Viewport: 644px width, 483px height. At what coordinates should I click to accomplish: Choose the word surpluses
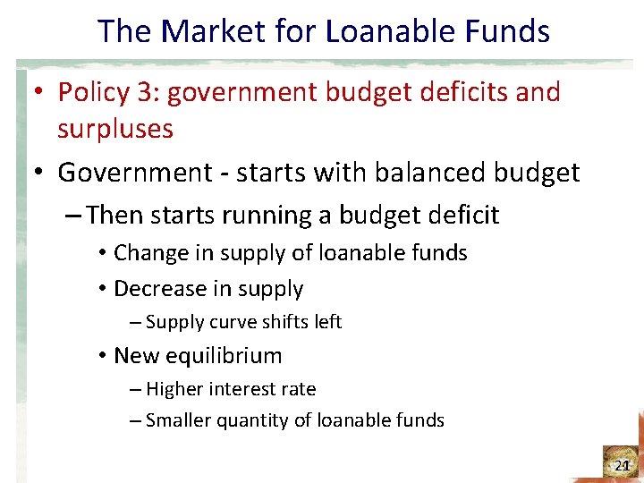(x=115, y=129)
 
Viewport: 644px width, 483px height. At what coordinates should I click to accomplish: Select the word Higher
(x=175, y=389)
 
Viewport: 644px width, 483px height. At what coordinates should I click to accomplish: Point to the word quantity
(x=251, y=420)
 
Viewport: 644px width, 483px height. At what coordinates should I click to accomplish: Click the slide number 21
(x=623, y=466)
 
